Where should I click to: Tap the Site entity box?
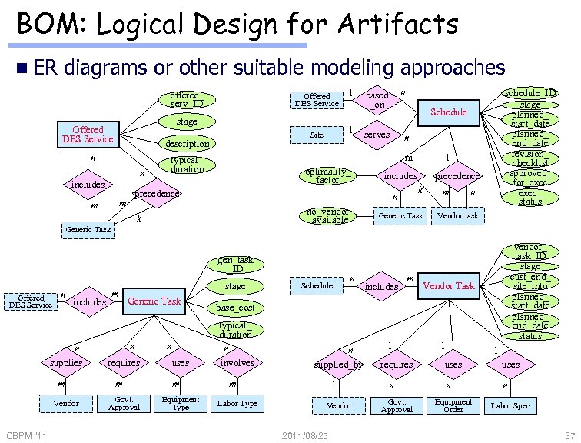pyautogui.click(x=317, y=135)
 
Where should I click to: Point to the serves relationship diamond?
pyautogui.click(x=377, y=135)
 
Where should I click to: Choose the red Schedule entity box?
pyautogui.click(x=449, y=112)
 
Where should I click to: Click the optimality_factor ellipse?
pyautogui.click(x=327, y=175)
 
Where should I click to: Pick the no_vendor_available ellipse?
pyautogui.click(x=327, y=215)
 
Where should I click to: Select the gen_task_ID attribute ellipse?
pyautogui.click(x=235, y=265)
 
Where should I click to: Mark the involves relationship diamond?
pyautogui.click(x=237, y=363)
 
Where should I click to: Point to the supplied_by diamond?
pyautogui.click(x=338, y=365)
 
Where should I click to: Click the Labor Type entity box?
pyautogui.click(x=237, y=403)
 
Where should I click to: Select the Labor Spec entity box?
pyautogui.click(x=511, y=405)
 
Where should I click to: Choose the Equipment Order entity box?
pyautogui.click(x=453, y=405)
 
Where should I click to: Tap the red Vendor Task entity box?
pyautogui.click(x=449, y=286)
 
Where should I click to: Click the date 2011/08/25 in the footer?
pyautogui.click(x=305, y=436)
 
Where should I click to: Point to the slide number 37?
pyautogui.click(x=569, y=436)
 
